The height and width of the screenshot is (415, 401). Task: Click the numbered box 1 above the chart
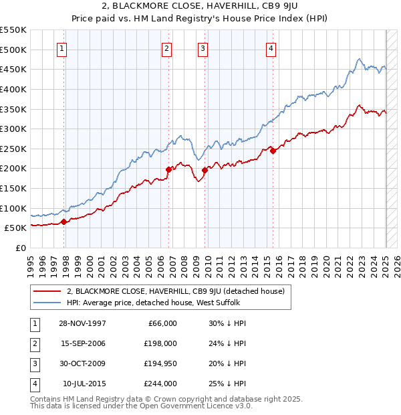pos(61,48)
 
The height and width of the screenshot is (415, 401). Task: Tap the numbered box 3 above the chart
pos(202,48)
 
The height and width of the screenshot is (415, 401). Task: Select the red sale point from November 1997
pos(63,222)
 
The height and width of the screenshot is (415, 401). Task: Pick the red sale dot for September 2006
pos(168,169)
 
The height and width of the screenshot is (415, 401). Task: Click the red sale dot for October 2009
pos(205,170)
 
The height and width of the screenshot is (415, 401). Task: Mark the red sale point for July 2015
pos(273,151)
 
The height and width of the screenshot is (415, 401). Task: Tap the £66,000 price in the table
pos(160,323)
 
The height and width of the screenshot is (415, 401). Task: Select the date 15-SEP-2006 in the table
pos(83,343)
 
